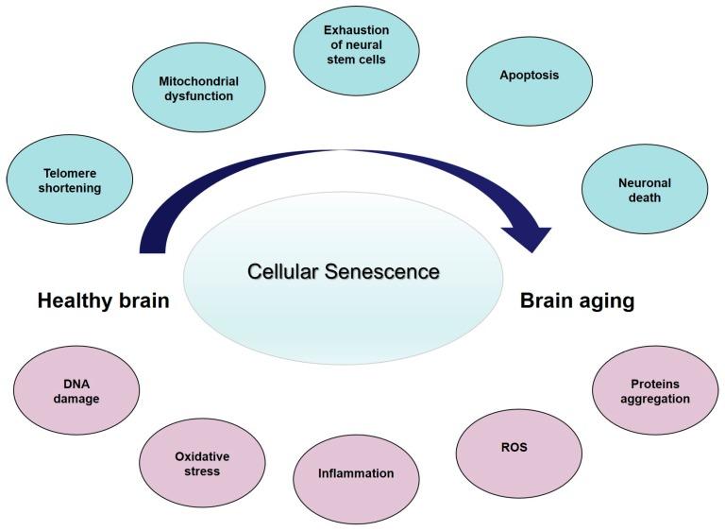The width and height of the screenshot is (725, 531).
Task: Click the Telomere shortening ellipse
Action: click(69, 180)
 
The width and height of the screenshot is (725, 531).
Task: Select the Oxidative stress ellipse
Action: click(202, 463)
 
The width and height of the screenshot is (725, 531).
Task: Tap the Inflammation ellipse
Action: click(356, 473)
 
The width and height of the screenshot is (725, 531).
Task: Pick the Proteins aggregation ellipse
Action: click(654, 391)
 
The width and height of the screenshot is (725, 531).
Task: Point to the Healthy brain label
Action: click(104, 301)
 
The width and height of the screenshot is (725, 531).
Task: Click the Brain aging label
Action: click(577, 301)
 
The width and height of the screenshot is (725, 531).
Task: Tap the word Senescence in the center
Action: click(388, 272)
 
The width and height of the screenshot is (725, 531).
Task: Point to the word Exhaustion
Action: click(356, 30)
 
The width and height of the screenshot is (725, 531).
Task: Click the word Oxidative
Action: click(202, 456)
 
